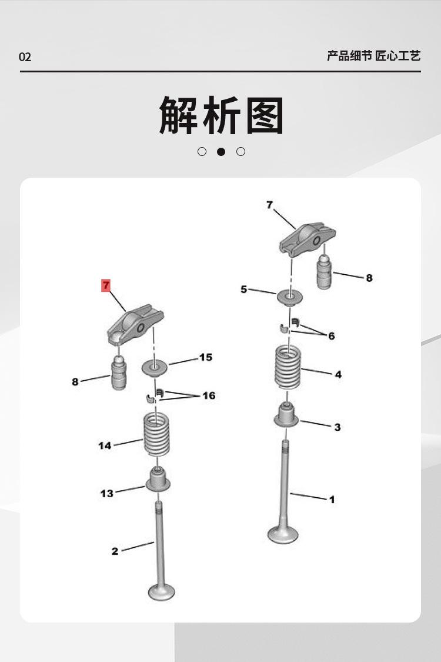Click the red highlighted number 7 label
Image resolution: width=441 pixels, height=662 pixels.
pos(106,286)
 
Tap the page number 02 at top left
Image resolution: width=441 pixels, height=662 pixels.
pos(25,57)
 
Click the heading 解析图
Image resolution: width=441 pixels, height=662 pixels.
pos(221,116)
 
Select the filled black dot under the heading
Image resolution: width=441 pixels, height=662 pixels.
pos(221,152)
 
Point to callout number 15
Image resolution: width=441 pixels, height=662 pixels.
pos(205,357)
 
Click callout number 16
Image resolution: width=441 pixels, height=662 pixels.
pos(209,395)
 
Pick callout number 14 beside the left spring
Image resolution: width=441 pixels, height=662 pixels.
pos(105,445)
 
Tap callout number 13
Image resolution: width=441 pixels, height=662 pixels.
pos(106,493)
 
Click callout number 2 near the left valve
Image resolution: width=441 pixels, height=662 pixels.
pos(115,551)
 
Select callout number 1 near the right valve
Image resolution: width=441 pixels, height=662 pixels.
pos(332,500)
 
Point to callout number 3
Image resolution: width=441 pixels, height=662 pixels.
pos(337,427)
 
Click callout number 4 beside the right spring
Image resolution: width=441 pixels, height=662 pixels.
pos(338,374)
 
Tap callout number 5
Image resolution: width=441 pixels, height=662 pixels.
pos(244,290)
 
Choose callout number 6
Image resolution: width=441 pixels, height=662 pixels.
pos(332,336)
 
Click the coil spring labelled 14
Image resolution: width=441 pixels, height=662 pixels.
pos(157,435)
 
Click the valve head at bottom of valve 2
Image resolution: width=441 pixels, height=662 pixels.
pos(161,591)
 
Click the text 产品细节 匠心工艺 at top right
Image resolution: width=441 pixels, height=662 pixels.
pos(373,56)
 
